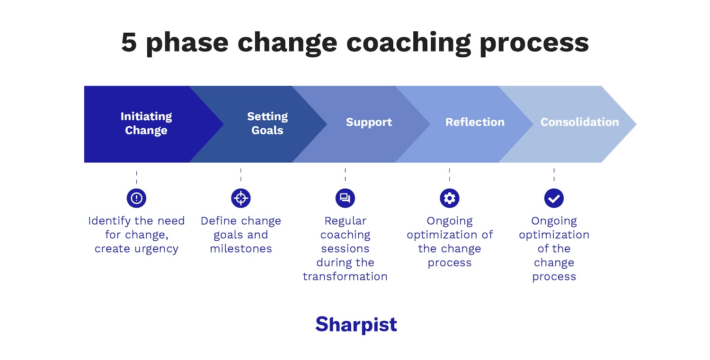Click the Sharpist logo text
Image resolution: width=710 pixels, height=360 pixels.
coord(356,325)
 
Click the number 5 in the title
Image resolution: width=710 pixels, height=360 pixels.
coord(129,43)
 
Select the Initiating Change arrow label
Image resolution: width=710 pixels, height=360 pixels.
coord(146,123)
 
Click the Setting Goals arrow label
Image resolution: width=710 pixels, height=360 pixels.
coord(267,123)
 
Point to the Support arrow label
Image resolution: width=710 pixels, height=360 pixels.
coord(369,122)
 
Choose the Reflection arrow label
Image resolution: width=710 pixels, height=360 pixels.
coord(475,122)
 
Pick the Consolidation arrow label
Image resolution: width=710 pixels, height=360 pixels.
coord(579,122)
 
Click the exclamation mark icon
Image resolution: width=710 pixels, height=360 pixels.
coord(136,198)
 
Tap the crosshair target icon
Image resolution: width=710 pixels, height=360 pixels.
coord(240,198)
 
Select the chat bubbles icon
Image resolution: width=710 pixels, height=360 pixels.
coord(345,198)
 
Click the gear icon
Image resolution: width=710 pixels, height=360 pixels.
coord(449,198)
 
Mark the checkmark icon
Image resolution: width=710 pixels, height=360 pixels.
coord(554,198)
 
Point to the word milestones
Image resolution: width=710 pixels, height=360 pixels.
coord(241,249)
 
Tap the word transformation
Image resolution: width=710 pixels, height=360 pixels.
coord(345,277)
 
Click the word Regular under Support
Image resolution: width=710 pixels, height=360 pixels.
coord(345,221)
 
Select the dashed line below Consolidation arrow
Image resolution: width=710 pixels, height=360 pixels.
coord(554,174)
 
